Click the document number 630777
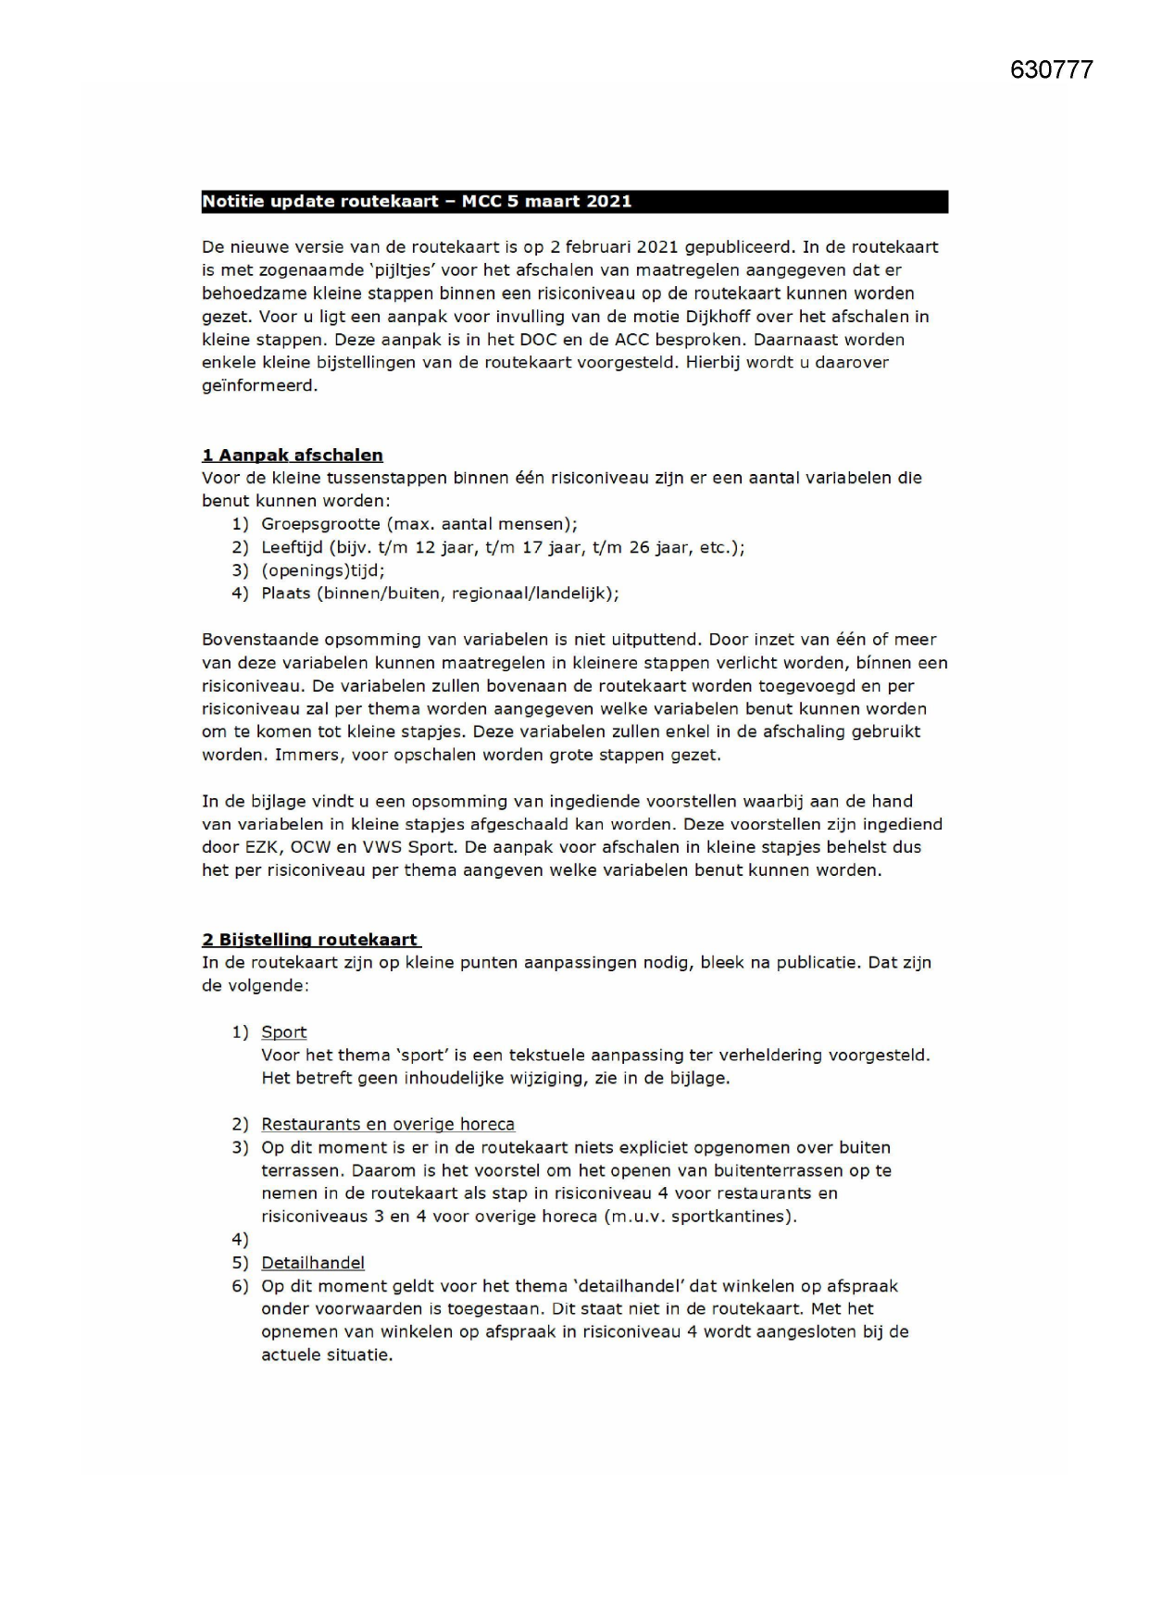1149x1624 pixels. (1051, 70)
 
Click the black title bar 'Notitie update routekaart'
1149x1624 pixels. (574, 202)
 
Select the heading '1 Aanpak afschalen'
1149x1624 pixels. (292, 456)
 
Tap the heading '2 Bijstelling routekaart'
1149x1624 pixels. (310, 940)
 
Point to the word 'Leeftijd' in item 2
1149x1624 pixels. (292, 547)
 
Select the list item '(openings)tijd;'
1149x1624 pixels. (322, 570)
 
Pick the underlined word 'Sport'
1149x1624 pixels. (283, 1032)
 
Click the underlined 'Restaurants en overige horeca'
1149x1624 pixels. (387, 1124)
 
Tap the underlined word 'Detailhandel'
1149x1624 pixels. (312, 1263)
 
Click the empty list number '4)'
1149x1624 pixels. (240, 1240)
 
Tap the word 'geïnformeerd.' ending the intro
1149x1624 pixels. (259, 385)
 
